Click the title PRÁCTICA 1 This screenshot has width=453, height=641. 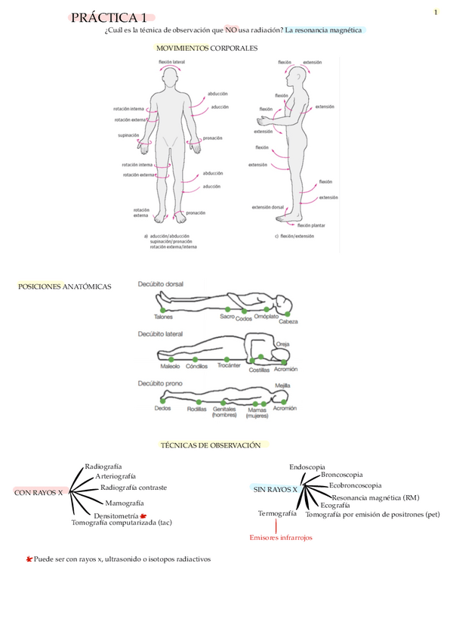[x=109, y=18]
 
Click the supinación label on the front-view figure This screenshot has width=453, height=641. [x=128, y=135]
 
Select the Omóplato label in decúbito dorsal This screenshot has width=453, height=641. [x=266, y=317]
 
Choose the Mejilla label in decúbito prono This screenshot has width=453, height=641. [x=282, y=385]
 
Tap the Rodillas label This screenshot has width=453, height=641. [x=197, y=408]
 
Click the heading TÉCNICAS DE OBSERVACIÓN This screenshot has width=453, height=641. [x=211, y=445]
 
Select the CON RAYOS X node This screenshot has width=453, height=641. [x=39, y=492]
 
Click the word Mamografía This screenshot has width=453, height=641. [x=125, y=503]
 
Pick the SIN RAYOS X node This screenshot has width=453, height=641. [x=275, y=490]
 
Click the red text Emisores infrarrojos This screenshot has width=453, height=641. [x=280, y=537]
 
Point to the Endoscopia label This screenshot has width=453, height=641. [x=307, y=466]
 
